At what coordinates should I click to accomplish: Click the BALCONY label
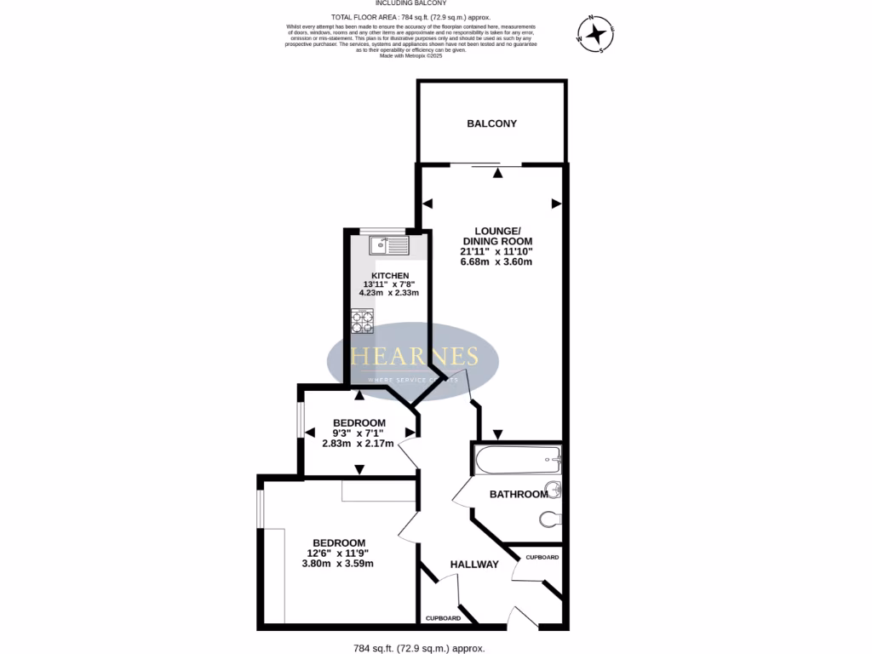491,123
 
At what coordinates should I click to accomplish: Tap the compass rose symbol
596,34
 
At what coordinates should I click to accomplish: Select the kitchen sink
389,246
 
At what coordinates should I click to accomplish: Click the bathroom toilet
550,518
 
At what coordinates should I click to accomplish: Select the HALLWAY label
474,564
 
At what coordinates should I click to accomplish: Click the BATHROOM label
519,494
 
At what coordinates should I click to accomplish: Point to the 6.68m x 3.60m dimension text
496,261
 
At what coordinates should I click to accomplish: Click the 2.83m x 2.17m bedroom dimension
358,443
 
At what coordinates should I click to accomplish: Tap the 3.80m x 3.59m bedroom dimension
338,563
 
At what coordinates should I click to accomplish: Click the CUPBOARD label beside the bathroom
542,557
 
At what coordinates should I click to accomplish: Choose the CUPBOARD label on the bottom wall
443,618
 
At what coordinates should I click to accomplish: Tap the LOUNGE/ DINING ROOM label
496,236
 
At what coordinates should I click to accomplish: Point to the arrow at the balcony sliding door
497,174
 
